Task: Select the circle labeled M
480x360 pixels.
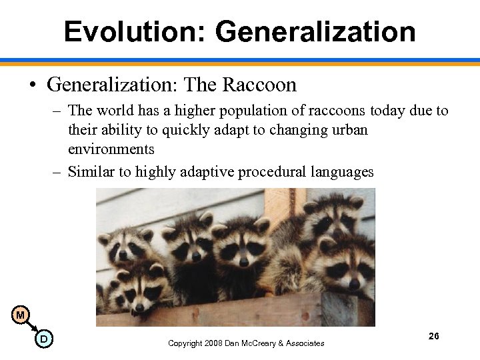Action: pyautogui.click(x=21, y=315)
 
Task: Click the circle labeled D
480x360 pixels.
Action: pyautogui.click(x=43, y=339)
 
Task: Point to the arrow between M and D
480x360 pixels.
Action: pyautogui.click(x=32, y=327)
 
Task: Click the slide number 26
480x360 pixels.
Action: pyautogui.click(x=433, y=336)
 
